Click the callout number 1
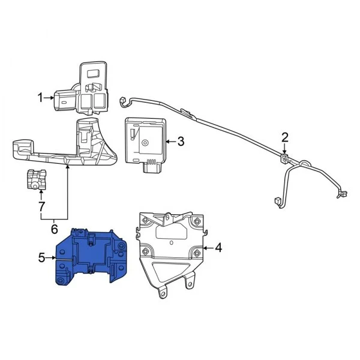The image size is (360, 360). tap(40, 98)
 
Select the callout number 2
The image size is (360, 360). tap(284, 137)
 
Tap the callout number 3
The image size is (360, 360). tap(181, 142)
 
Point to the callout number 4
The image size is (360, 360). tap(218, 248)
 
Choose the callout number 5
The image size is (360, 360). tap(41, 258)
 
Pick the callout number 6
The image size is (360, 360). tap(54, 229)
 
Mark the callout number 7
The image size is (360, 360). tap(41, 207)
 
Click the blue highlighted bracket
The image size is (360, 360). tap(92, 257)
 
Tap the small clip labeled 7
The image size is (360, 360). tap(37, 179)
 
